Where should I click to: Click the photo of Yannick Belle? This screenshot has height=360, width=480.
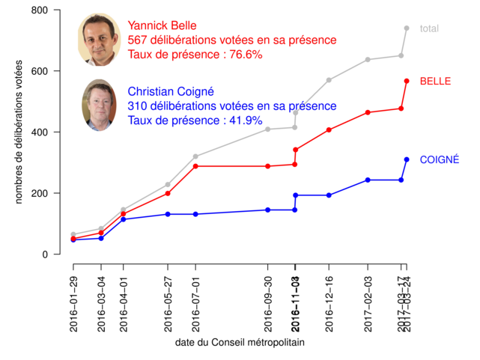(x=100, y=40)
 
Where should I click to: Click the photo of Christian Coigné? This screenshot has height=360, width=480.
(x=100, y=105)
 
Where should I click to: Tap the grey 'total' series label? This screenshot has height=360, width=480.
(x=429, y=28)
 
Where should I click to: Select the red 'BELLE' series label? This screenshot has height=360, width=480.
(x=434, y=80)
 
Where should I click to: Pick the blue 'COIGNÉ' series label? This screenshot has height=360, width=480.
(x=440, y=159)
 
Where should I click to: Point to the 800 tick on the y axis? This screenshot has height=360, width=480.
(x=40, y=10)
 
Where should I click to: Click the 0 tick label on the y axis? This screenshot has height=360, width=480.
(x=45, y=254)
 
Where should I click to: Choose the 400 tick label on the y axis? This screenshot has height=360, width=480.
(x=40, y=132)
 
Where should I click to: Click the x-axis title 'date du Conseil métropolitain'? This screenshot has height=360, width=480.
(x=240, y=342)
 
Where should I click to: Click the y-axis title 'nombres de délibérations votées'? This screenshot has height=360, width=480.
(x=20, y=132)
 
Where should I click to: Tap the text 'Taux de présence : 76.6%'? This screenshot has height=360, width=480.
(x=195, y=55)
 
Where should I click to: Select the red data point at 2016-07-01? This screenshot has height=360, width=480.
(x=195, y=166)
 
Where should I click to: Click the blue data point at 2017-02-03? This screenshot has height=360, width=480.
(x=368, y=180)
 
